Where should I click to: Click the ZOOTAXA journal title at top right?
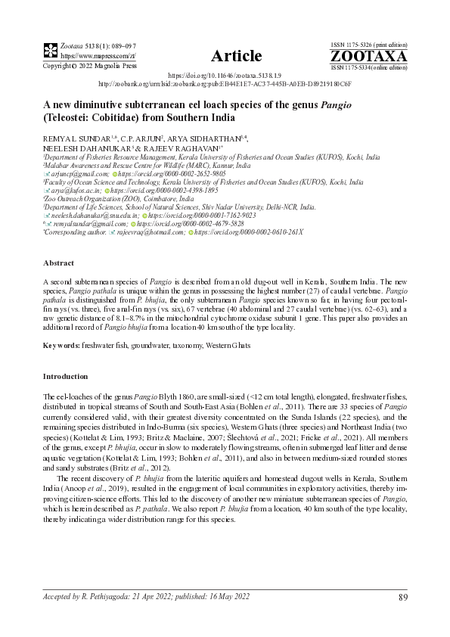point(368,56)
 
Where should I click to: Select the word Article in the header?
point(236,56)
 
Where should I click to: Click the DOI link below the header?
point(225,76)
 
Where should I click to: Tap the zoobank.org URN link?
point(225,85)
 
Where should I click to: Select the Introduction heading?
point(65,375)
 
